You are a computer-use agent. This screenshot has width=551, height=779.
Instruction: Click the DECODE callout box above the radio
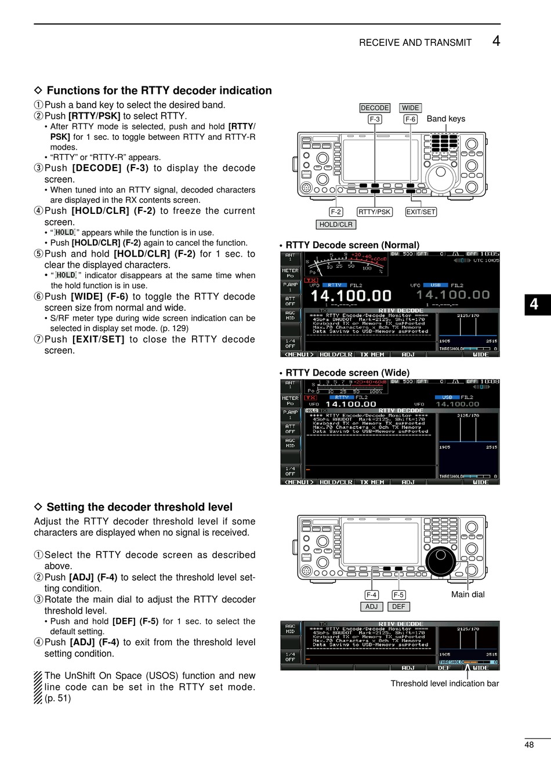point(375,108)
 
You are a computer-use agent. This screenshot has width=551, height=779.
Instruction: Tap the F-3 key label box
point(375,119)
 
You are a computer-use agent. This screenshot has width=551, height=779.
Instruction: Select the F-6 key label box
point(411,119)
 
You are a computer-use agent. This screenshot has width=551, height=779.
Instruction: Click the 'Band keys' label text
point(445,119)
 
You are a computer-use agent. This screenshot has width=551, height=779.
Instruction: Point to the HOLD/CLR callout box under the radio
point(336,224)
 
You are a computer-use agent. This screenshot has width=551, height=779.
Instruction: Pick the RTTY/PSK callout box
point(375,212)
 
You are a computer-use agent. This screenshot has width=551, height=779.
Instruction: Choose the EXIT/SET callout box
point(420,212)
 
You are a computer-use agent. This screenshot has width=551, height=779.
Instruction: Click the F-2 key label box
point(336,212)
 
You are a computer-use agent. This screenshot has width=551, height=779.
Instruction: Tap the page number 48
point(529,745)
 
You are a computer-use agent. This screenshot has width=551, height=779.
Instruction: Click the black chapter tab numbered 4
point(534,304)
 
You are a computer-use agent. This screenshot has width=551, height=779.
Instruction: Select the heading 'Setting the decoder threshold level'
point(139,507)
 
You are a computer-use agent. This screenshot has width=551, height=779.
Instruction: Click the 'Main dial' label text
point(467,594)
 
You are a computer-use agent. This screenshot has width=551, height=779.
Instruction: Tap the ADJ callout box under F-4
point(371,606)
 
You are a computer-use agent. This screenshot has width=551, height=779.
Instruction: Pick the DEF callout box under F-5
point(398,606)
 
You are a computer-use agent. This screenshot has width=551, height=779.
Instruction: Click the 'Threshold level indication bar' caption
point(444,683)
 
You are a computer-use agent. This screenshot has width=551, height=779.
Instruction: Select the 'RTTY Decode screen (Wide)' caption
point(347,373)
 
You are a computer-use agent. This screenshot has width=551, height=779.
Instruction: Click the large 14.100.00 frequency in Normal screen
point(351,296)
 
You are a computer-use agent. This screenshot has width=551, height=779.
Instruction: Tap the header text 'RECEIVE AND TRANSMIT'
point(415,43)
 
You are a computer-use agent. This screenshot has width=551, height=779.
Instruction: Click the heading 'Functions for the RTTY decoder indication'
point(159,90)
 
